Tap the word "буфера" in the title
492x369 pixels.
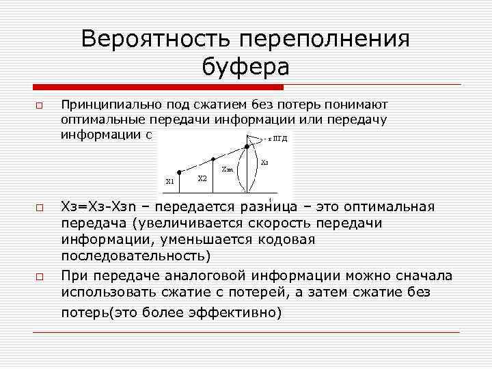246,67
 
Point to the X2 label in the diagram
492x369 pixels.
202,178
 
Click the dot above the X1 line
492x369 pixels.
179,171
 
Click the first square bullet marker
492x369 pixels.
40,107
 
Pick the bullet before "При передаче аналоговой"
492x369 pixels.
40,277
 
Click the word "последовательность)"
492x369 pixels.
137,256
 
